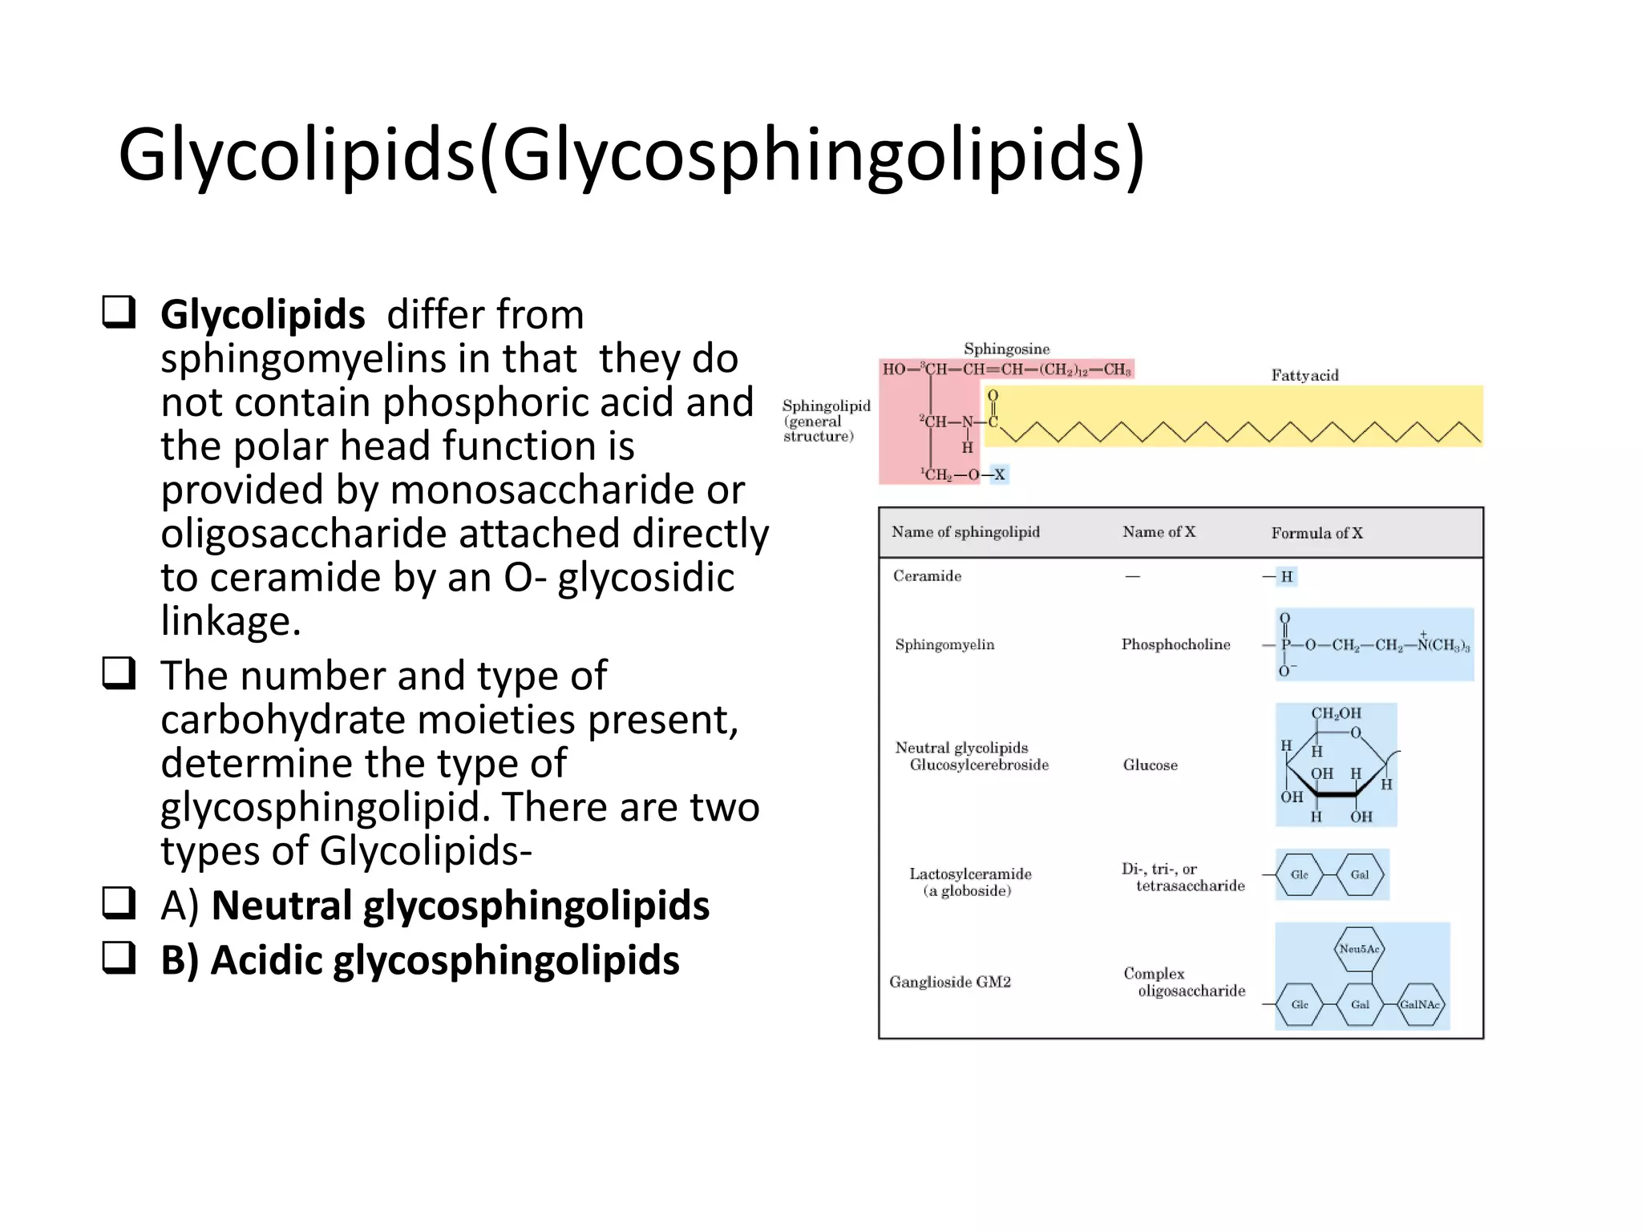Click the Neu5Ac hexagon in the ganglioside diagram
coord(1359,949)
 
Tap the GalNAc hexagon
coord(1420,1004)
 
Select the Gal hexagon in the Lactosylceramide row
coord(1360,874)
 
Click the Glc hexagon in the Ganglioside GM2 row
coord(1300,1004)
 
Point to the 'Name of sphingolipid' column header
coord(965,532)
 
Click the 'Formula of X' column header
coord(1316,533)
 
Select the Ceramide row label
coord(927,576)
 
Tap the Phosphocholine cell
coord(1175,644)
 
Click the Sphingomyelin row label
coord(944,644)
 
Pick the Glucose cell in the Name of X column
coord(1150,765)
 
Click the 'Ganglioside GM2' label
coord(950,982)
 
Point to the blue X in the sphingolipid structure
coord(999,474)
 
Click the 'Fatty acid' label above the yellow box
coord(1304,375)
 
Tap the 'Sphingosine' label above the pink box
coord(1006,349)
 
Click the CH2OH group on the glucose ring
coord(1336,713)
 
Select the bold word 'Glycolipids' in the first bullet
coord(262,314)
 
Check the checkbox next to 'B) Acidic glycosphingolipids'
coord(119,957)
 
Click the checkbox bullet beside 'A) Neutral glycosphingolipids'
coord(119,902)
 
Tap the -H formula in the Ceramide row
coord(1285,576)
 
